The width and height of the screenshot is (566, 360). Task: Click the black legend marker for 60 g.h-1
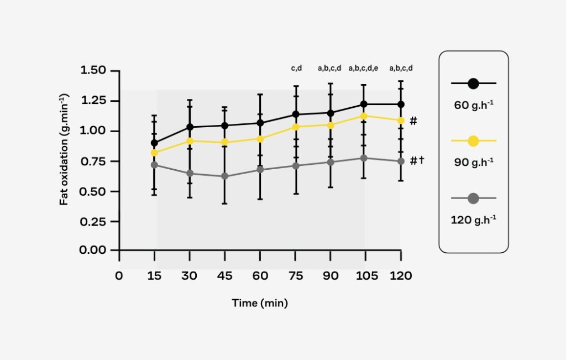[473, 84]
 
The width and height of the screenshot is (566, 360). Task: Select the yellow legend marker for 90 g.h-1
[473, 141]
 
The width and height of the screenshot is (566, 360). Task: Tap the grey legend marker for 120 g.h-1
[473, 198]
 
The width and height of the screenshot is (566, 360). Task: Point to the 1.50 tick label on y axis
[96, 71]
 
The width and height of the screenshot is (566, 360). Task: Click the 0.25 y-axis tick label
[96, 221]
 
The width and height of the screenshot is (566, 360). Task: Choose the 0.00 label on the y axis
[96, 250]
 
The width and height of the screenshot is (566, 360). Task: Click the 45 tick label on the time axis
[225, 275]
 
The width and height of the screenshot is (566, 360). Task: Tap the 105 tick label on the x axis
[365, 275]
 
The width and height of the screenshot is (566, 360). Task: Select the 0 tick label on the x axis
[119, 275]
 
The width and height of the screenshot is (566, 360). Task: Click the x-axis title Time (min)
[260, 303]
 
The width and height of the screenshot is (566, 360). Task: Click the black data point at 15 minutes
[154, 143]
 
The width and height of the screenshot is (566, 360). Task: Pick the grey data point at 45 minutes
[225, 176]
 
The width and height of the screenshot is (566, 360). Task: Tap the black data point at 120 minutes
[401, 104]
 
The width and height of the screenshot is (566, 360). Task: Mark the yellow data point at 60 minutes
[260, 138]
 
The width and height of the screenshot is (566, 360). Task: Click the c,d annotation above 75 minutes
[296, 69]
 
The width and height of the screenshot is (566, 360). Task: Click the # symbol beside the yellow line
[413, 120]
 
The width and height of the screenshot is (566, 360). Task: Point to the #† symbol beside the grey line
[416, 160]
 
